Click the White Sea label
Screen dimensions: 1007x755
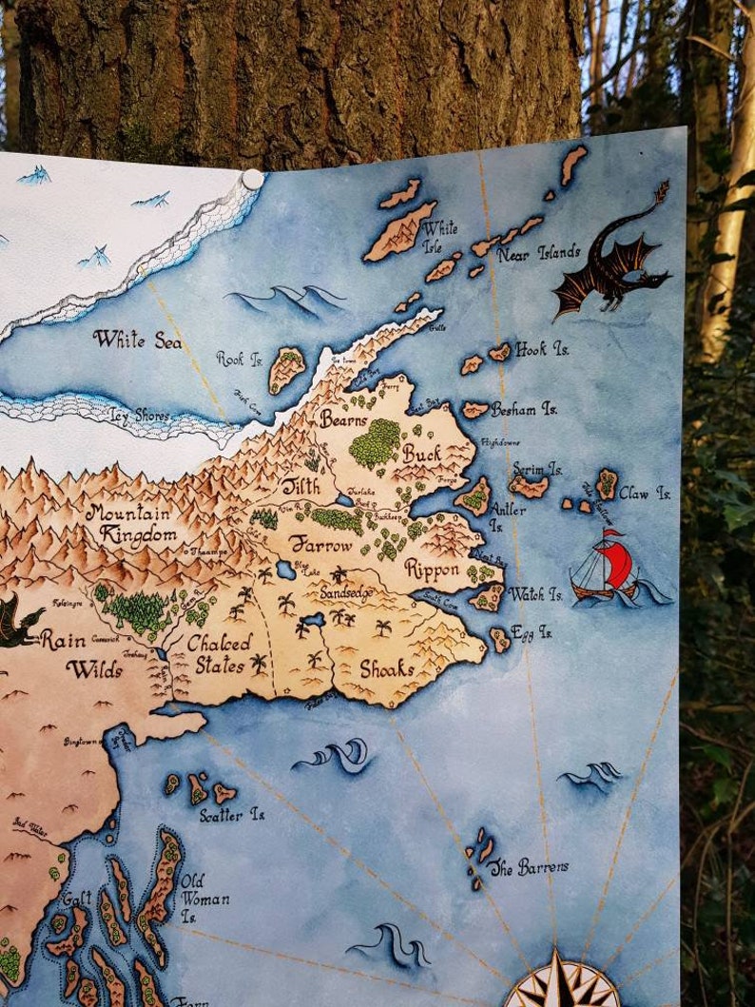137,339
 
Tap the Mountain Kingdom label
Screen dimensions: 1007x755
132,523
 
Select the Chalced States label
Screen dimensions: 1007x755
220,653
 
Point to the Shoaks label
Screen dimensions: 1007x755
386,668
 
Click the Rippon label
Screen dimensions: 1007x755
432,570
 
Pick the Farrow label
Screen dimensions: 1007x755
321,546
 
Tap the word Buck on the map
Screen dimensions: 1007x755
422,454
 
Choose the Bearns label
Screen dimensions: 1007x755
343,417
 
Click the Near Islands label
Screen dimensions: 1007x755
538,253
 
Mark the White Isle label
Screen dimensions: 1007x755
439,235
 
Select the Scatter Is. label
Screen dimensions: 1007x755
232,815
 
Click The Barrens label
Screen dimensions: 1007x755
530,867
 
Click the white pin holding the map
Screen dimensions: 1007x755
251,180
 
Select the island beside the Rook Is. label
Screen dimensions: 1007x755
285,369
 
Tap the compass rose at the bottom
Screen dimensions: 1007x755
561,984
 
